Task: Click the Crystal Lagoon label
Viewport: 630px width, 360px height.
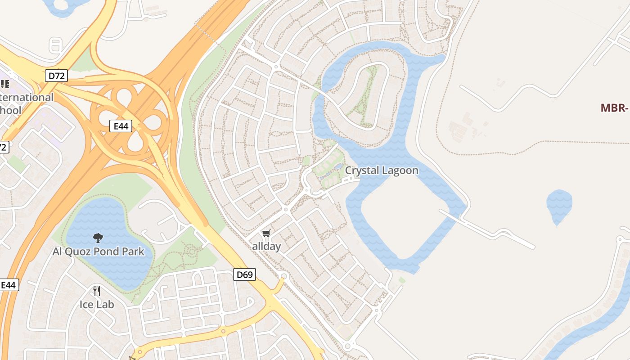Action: pos(382,171)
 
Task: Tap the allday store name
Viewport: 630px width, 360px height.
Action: pos(266,246)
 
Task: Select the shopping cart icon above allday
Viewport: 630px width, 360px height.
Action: pos(266,233)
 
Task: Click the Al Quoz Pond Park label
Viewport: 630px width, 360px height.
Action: pos(99,251)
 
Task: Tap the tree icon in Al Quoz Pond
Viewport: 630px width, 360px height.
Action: pos(98,238)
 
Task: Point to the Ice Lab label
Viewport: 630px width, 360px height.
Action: pos(97,304)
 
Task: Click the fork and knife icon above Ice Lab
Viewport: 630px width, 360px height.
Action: pos(96,291)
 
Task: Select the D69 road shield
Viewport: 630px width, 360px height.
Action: pos(244,274)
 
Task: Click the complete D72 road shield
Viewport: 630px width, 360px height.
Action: pos(56,76)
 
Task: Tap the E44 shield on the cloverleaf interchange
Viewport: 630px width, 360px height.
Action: pos(121,126)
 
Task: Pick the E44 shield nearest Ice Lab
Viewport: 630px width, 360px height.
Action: pos(9,284)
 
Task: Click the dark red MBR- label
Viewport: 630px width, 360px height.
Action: pos(614,108)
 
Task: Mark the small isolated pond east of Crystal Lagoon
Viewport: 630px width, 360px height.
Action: pos(559,205)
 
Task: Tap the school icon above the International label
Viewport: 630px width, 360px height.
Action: pos(4,84)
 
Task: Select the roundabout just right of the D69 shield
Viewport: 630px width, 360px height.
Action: pos(283,276)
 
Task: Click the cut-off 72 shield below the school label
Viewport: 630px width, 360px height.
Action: pos(4,147)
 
